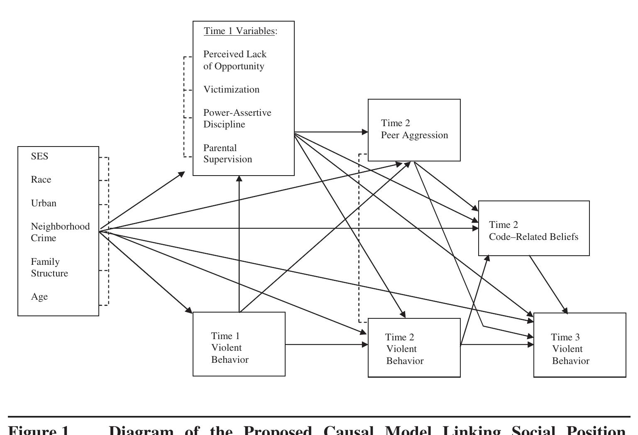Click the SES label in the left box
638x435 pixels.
39,156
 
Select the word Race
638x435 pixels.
41,180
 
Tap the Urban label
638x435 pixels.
44,203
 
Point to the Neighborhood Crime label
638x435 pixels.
60,232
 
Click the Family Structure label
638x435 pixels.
49,267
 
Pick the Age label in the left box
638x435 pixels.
39,297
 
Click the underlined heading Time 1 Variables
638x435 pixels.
240,31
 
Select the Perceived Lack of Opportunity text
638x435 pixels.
235,60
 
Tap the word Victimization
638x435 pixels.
231,90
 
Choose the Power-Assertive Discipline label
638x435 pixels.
237,119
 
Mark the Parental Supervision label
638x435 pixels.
227,154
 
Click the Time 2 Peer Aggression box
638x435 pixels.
414,130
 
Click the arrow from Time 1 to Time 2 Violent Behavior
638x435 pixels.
326,345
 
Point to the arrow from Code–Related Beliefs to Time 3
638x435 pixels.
548,284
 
